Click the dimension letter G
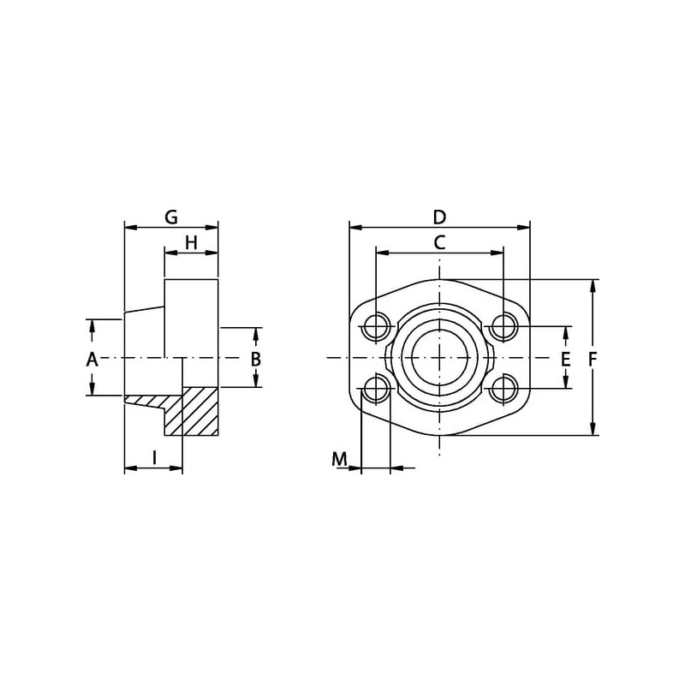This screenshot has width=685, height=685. tap(171, 217)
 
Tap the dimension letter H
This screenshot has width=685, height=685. tap(191, 242)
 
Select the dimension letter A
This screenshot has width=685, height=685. tap(92, 360)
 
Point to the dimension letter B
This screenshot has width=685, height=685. tap(256, 359)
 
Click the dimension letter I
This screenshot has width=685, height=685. tap(154, 458)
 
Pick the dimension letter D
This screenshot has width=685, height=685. tap(439, 217)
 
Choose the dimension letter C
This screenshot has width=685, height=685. tap(439, 242)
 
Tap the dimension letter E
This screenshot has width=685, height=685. tap(565, 359)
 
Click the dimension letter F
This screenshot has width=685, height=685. tap(593, 359)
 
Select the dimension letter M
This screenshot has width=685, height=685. tap(339, 459)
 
